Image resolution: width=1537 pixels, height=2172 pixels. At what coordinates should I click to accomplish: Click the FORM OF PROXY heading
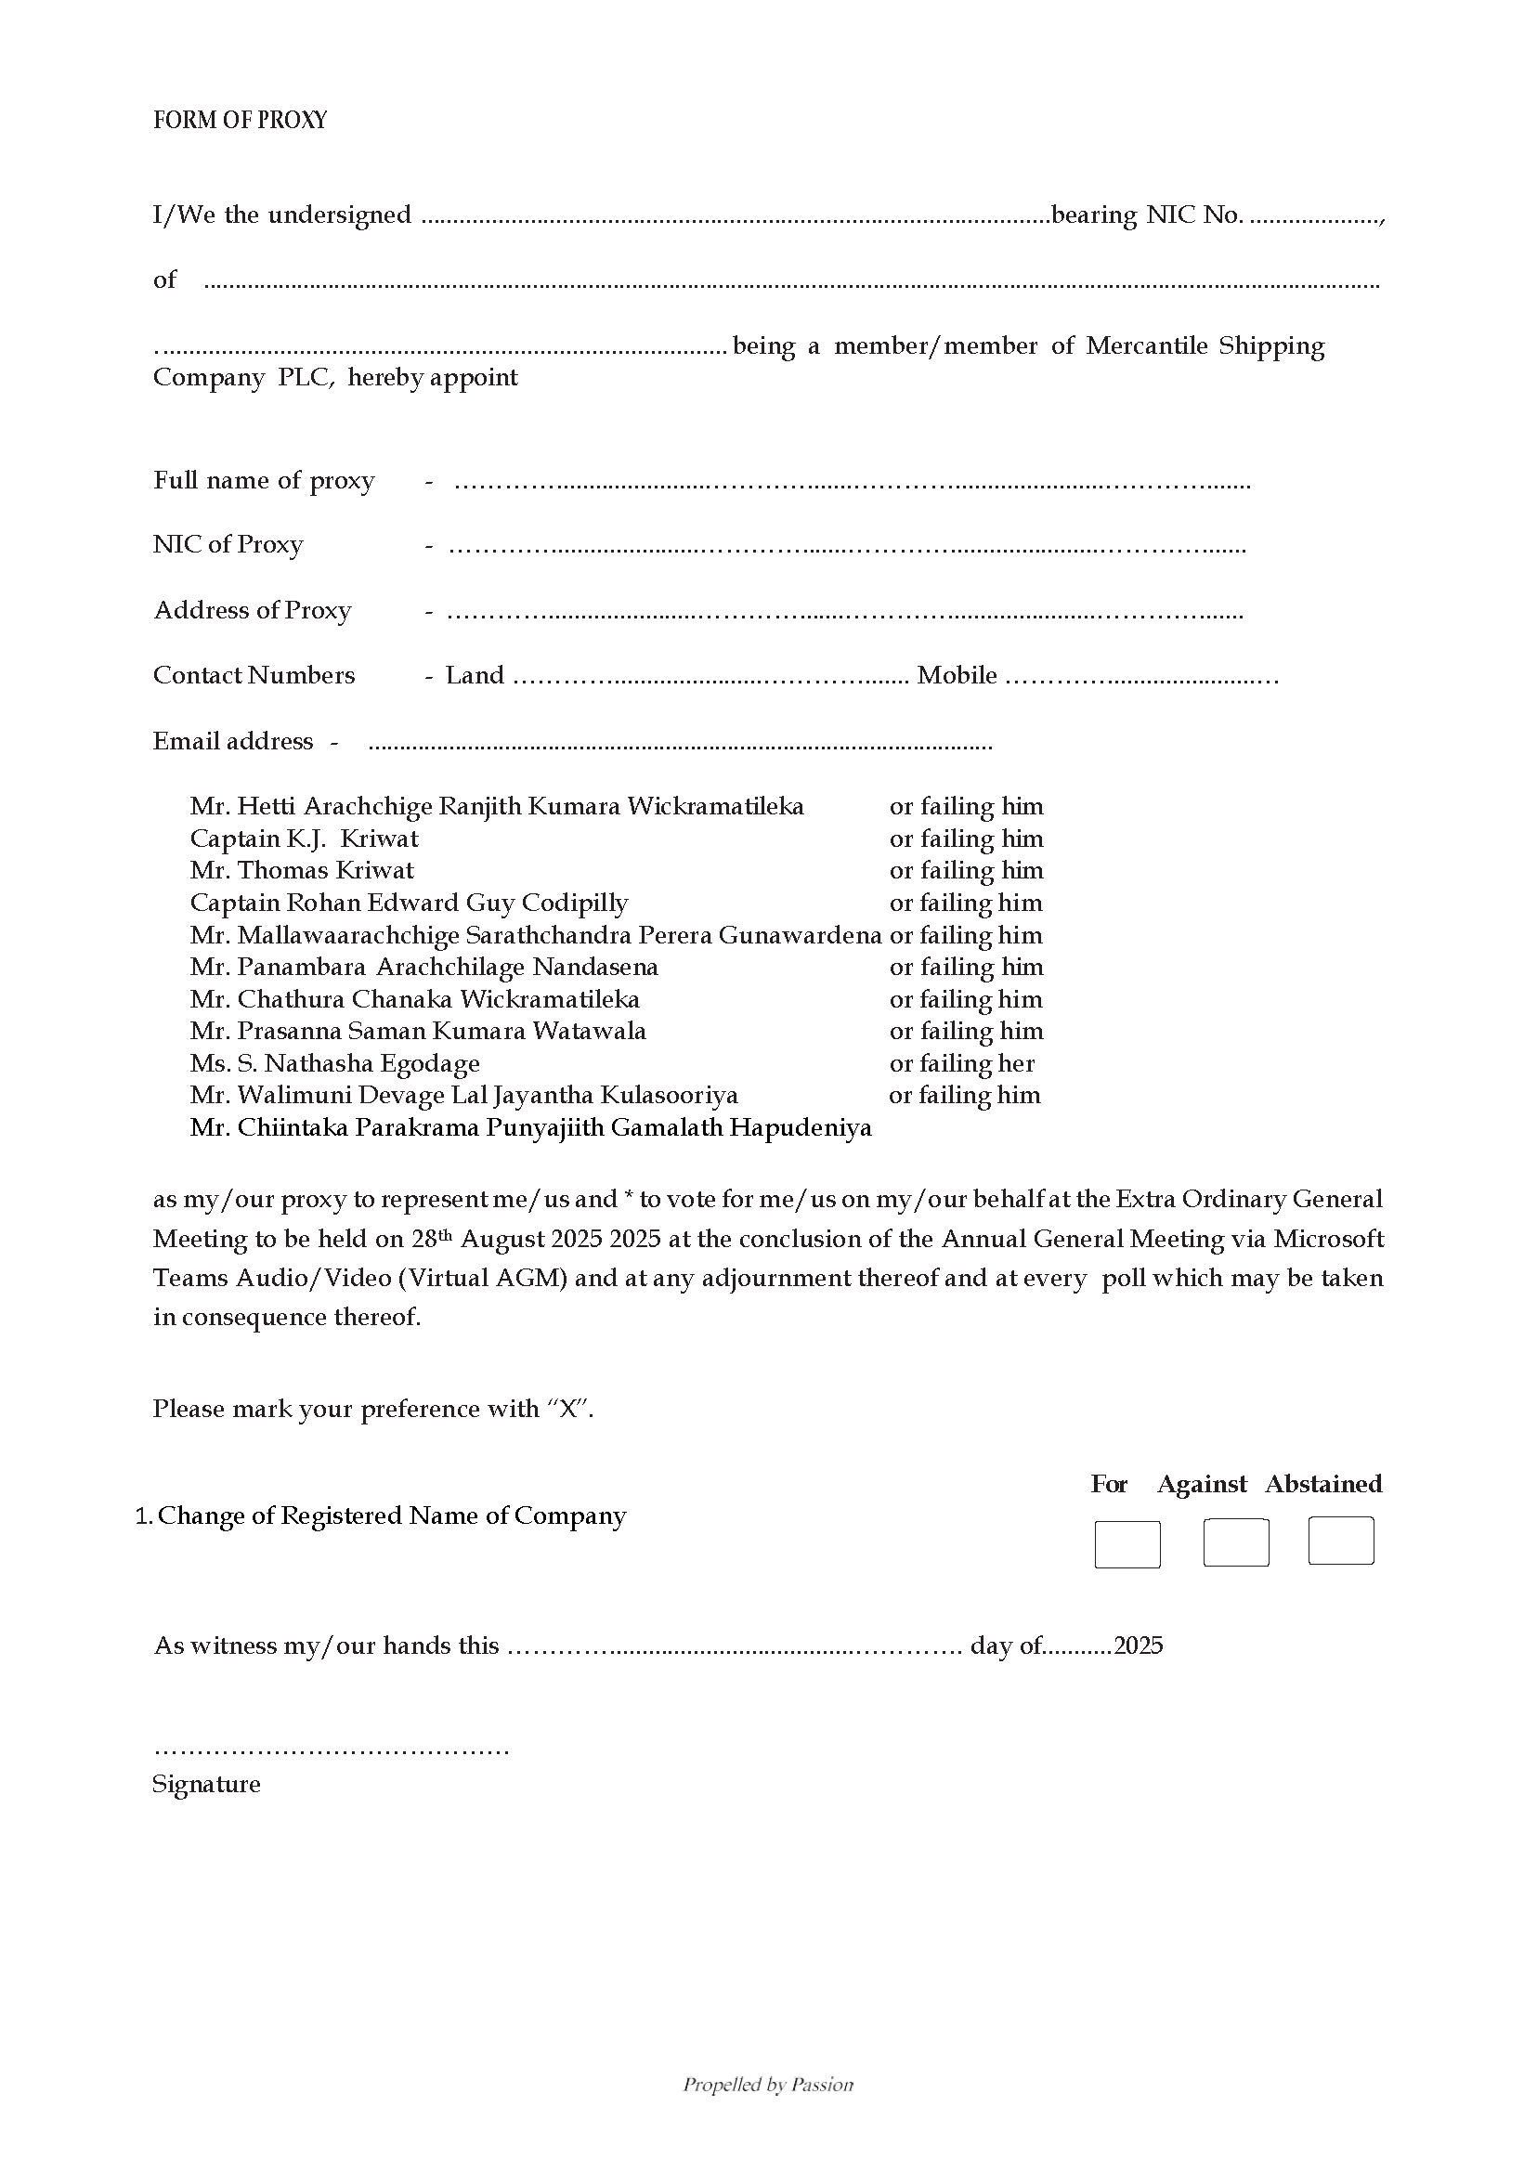click(240, 120)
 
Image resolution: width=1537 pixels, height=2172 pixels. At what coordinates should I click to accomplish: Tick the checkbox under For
click(1127, 1543)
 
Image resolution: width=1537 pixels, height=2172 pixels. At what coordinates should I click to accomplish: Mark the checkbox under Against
click(1235, 1541)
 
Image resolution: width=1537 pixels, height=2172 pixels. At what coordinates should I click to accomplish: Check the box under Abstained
click(1340, 1540)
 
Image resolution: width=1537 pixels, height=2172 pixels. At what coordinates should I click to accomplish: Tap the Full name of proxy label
click(264, 481)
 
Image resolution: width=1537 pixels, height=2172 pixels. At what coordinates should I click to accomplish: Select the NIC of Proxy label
click(228, 544)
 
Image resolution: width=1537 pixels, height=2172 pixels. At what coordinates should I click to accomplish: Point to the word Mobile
click(956, 675)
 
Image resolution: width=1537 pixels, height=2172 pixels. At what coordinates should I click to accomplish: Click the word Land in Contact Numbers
click(475, 675)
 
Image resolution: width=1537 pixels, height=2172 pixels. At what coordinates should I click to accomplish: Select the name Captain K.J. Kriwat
click(304, 839)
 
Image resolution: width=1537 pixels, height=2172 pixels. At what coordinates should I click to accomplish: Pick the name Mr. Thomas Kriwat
click(302, 870)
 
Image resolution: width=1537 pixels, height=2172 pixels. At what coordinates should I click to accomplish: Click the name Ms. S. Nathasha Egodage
click(334, 1063)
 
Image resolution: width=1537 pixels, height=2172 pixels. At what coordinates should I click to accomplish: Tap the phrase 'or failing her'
click(961, 1063)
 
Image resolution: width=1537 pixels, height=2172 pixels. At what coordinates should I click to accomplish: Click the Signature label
click(206, 1784)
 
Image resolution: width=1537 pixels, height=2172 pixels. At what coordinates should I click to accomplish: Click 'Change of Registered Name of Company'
click(392, 1515)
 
